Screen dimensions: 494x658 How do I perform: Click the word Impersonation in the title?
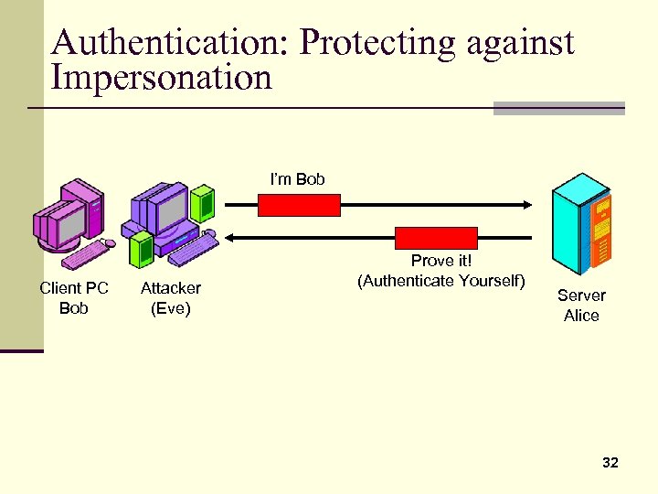click(162, 79)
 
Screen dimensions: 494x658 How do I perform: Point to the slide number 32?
click(610, 463)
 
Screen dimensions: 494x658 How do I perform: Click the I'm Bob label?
click(297, 179)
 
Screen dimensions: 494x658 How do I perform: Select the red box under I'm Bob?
click(299, 205)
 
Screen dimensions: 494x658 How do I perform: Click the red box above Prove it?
click(436, 238)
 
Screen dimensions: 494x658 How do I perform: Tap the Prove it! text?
click(440, 261)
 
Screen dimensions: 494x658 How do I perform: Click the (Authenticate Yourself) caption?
click(441, 280)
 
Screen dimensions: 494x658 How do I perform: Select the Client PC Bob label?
click(74, 298)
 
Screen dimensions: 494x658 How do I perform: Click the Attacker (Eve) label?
click(170, 298)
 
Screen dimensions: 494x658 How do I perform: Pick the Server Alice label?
click(581, 306)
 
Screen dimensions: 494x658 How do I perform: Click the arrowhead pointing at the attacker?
click(229, 238)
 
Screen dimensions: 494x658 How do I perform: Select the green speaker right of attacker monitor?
click(204, 201)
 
